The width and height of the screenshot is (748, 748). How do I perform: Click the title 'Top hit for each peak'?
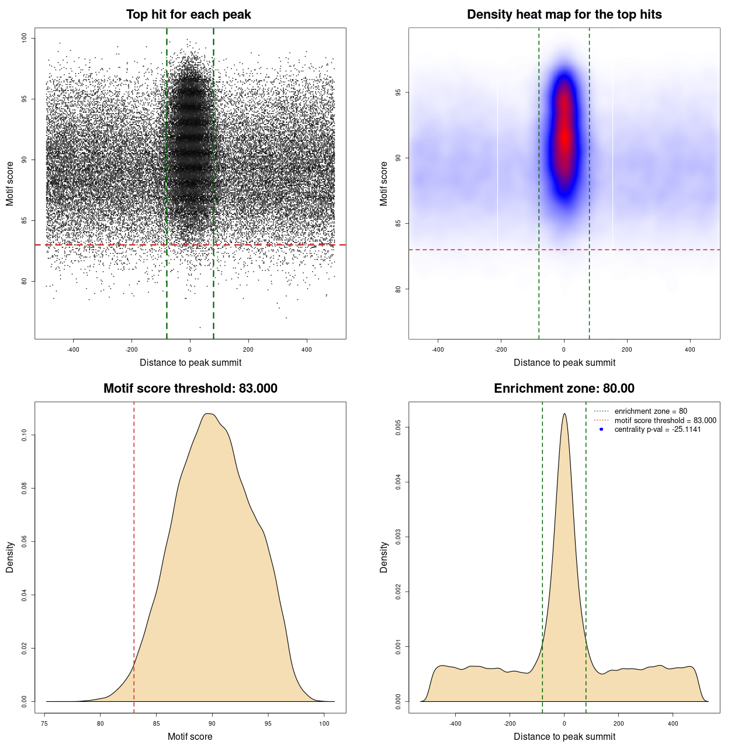coord(188,15)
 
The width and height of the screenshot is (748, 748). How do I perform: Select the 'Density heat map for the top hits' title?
coord(564,15)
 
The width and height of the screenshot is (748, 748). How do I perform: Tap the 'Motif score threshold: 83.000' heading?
coord(190,389)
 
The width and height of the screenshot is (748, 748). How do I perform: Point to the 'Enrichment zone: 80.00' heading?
coord(564,389)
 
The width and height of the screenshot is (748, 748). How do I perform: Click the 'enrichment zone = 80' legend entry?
coord(650,411)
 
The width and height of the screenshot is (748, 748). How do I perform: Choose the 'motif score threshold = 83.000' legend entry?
coord(665,420)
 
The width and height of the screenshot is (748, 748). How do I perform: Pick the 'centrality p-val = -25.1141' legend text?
coord(657,430)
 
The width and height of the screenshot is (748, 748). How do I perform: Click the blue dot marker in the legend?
coord(601,430)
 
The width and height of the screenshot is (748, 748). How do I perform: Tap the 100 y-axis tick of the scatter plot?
coord(24,38)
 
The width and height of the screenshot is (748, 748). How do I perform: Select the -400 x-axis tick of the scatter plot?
coord(73,349)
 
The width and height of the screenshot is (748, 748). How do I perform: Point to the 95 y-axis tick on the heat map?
coord(398,92)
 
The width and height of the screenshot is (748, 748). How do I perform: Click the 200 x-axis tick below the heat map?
coord(627,349)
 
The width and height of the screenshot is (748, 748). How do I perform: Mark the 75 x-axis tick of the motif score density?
coord(45,723)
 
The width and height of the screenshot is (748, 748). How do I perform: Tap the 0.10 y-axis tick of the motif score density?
coord(24,435)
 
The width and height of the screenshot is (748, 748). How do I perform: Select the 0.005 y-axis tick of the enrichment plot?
coord(398,428)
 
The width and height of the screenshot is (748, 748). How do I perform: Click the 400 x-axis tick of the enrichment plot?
coord(673,723)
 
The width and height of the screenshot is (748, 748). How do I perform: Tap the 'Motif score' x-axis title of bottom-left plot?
coord(190,736)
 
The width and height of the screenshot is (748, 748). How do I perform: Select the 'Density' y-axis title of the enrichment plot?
coord(384,557)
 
